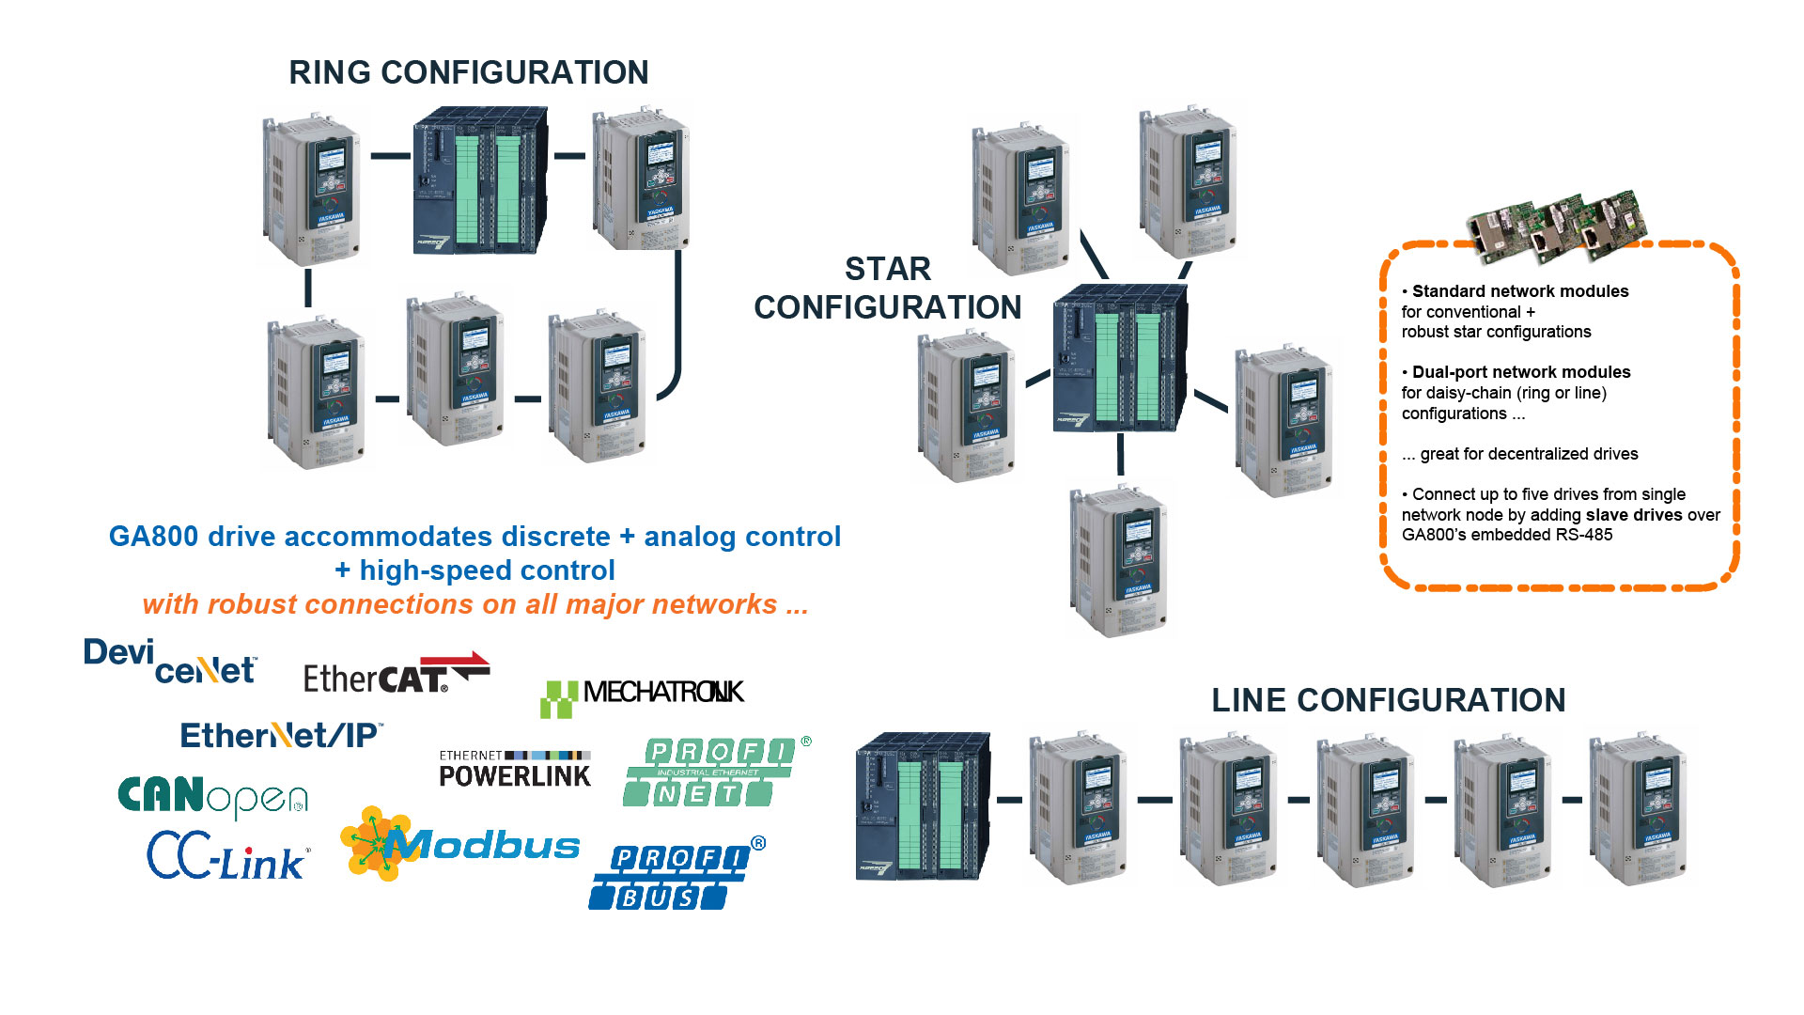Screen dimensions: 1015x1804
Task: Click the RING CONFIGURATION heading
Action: click(468, 72)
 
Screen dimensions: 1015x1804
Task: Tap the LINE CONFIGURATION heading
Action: click(1388, 700)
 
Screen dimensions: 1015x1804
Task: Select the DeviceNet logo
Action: click(170, 661)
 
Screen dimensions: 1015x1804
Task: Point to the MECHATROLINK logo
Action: click(642, 696)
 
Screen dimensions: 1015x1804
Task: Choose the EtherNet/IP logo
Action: click(281, 735)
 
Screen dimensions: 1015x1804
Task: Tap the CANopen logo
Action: click(212, 796)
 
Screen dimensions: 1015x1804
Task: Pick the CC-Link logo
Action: click(226, 856)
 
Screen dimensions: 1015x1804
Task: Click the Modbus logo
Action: click(460, 844)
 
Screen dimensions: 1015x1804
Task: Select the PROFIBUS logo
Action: click(675, 876)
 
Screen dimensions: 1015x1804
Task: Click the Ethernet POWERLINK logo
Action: click(515, 769)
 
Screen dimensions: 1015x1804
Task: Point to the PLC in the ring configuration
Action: click(480, 180)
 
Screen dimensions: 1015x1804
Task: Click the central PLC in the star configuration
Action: click(1120, 358)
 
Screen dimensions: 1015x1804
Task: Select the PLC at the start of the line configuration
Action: click(923, 806)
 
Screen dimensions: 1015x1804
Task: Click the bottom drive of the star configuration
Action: click(1120, 560)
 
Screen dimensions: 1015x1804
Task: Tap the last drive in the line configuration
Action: click(1637, 809)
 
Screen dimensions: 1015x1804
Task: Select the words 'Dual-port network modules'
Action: click(1521, 372)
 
